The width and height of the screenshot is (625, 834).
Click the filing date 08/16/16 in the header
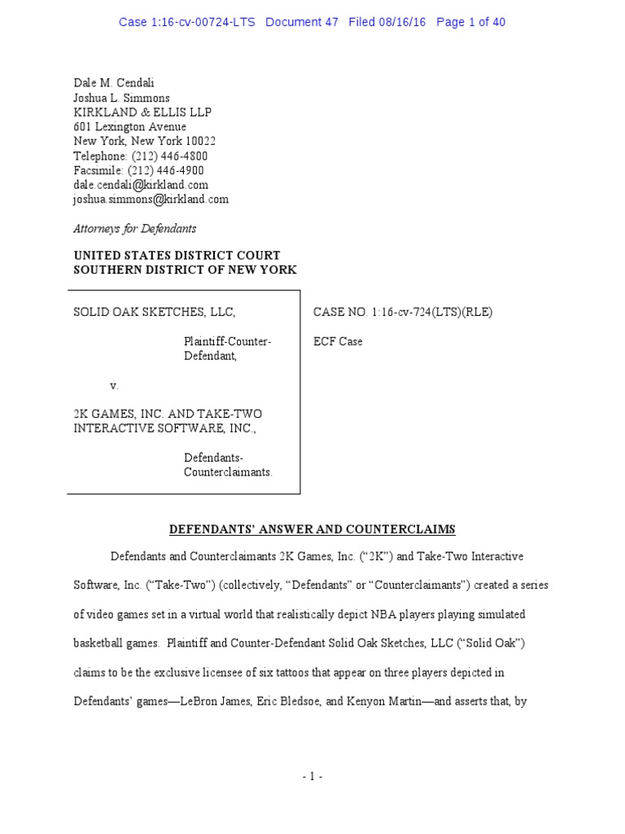(404, 22)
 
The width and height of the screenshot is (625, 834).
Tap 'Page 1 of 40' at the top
(470, 22)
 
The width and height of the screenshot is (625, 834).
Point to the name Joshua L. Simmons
(121, 98)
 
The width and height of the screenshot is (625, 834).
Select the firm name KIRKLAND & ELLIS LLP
(142, 112)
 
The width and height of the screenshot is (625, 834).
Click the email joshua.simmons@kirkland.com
(151, 200)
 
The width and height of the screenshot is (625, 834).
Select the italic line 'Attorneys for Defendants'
(134, 229)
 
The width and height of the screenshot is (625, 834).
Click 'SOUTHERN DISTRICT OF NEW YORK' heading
(185, 270)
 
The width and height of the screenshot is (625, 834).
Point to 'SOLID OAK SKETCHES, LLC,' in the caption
(155, 312)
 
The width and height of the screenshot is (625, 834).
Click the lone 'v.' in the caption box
(114, 385)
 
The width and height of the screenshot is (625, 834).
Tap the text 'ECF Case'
(338, 342)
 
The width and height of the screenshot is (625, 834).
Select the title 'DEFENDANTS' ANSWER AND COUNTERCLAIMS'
(312, 529)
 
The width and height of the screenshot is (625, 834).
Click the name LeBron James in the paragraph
(262, 700)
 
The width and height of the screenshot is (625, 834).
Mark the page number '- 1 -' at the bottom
(312, 778)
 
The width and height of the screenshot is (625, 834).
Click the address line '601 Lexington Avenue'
(129, 127)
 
